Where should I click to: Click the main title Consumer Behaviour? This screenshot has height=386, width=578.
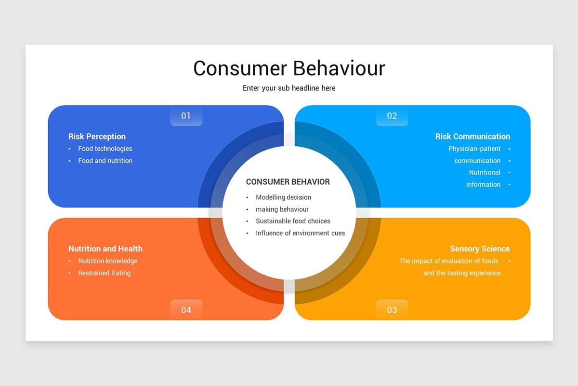coord(289,68)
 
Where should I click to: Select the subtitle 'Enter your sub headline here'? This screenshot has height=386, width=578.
coord(289,88)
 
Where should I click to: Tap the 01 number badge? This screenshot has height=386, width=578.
coord(186,116)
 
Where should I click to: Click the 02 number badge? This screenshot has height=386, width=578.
coord(392,116)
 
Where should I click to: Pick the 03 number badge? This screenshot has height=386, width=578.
coord(392,310)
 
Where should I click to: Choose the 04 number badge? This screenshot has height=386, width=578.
coord(186,310)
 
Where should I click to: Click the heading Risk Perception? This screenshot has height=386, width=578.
coord(97,137)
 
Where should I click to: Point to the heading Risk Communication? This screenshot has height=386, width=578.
coord(473,137)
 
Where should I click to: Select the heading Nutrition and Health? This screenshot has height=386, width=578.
coord(105,249)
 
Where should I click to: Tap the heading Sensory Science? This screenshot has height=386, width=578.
coord(480,249)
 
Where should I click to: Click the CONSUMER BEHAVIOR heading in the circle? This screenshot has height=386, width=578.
coord(288,182)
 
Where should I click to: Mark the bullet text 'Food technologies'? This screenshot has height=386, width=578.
coord(105,149)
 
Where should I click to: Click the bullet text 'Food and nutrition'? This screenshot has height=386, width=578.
coord(105,161)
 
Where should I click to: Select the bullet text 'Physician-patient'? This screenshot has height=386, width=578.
coord(474,149)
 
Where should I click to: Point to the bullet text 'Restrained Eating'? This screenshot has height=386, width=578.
coord(105,273)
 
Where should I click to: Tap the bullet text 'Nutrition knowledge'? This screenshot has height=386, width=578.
coord(108,261)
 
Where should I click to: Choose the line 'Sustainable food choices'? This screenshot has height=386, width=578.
coord(293,221)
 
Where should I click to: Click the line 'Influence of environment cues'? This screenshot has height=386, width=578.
coord(300,233)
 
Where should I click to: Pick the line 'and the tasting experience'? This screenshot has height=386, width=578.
coord(462,273)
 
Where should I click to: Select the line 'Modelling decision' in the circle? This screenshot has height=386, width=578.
coord(283,197)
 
